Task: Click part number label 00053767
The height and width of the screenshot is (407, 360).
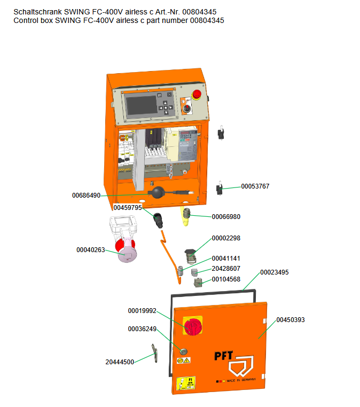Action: (x=255, y=186)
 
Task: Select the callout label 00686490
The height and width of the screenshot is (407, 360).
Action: (x=87, y=195)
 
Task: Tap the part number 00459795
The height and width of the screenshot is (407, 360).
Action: (x=128, y=207)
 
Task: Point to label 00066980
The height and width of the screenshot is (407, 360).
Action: (x=226, y=217)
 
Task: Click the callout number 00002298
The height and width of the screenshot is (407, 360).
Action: (x=226, y=238)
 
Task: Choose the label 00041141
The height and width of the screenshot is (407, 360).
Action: (x=226, y=259)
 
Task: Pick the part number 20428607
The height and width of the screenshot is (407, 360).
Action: (x=226, y=269)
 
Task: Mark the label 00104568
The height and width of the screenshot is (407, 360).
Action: (x=226, y=279)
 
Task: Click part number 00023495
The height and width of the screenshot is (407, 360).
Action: (x=275, y=272)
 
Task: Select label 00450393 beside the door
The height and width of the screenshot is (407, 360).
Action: (x=291, y=320)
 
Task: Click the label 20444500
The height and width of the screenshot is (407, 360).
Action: (x=120, y=362)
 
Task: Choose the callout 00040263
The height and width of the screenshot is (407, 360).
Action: (x=91, y=249)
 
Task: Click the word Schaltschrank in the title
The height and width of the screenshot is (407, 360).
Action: (x=37, y=12)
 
